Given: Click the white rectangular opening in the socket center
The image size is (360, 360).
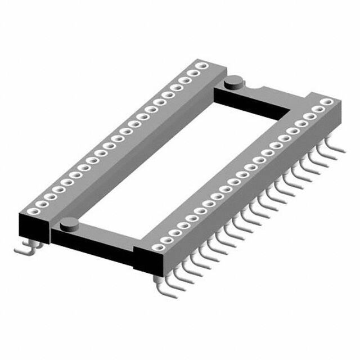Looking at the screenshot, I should pos(186,163).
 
